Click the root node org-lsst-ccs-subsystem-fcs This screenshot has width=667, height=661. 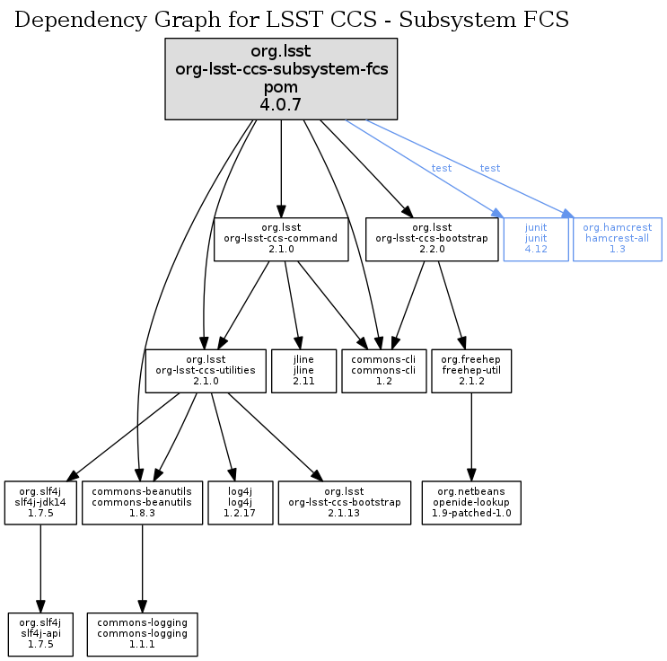[281, 79]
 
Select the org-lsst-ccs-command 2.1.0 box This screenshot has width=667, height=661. [281, 239]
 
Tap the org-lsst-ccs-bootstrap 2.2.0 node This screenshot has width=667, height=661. [431, 239]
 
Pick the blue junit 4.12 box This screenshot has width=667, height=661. [536, 239]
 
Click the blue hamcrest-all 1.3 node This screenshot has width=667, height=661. [617, 239]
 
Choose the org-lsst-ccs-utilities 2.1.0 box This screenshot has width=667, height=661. [206, 370]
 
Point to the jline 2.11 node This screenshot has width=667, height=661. [303, 370]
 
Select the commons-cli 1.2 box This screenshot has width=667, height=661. [383, 370]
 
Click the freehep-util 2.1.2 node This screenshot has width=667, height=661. [471, 370]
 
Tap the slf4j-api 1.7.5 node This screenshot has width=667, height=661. [39, 633]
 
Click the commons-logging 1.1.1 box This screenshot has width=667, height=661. [142, 633]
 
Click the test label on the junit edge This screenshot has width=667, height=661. [442, 168]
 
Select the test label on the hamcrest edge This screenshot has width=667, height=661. [490, 168]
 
